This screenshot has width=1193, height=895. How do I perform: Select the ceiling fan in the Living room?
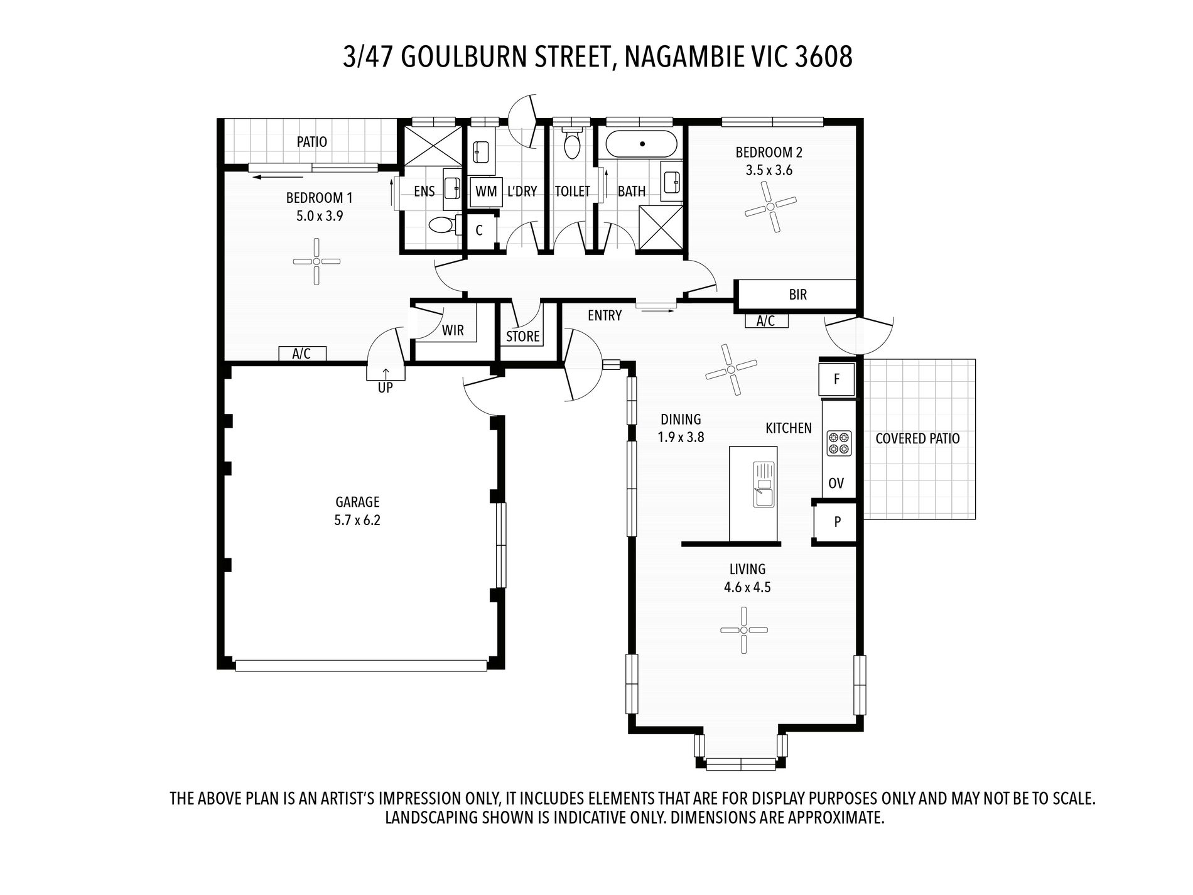pos(743,630)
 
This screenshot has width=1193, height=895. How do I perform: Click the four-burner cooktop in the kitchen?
pos(838,443)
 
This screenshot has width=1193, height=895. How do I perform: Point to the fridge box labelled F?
pos(836,379)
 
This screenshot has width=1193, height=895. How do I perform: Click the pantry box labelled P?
pos(836,522)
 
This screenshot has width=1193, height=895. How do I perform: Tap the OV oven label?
pos(836,484)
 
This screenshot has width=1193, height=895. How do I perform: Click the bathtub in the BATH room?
pos(642,144)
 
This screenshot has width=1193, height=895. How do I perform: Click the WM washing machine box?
pos(486,192)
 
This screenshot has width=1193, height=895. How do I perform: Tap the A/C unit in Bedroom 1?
pos(302,354)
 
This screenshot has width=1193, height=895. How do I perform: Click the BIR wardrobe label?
pos(797,295)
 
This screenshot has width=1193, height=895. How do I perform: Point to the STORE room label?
pos(522,337)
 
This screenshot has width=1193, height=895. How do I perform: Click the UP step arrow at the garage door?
pos(386,375)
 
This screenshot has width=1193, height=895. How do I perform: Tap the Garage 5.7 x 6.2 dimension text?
pos(357,521)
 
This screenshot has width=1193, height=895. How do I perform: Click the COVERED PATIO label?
pos(917,439)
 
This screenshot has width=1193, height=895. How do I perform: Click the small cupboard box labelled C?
pos(479,231)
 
